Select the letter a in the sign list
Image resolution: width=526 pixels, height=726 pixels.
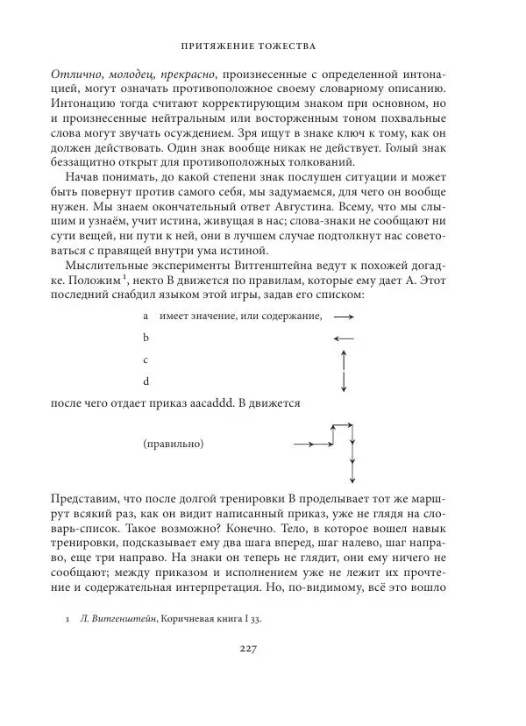click(146, 316)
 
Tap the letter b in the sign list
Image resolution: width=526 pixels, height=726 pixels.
click(146, 338)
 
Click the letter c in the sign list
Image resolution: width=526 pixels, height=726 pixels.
click(146, 359)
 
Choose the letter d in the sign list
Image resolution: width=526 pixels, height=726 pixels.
click(146, 381)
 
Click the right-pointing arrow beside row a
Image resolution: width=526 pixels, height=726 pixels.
click(344, 316)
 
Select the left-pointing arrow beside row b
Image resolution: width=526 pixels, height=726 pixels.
click(344, 338)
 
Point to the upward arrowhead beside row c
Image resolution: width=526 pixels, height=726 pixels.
click(345, 353)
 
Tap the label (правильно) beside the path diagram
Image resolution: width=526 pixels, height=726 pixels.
click(174, 445)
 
